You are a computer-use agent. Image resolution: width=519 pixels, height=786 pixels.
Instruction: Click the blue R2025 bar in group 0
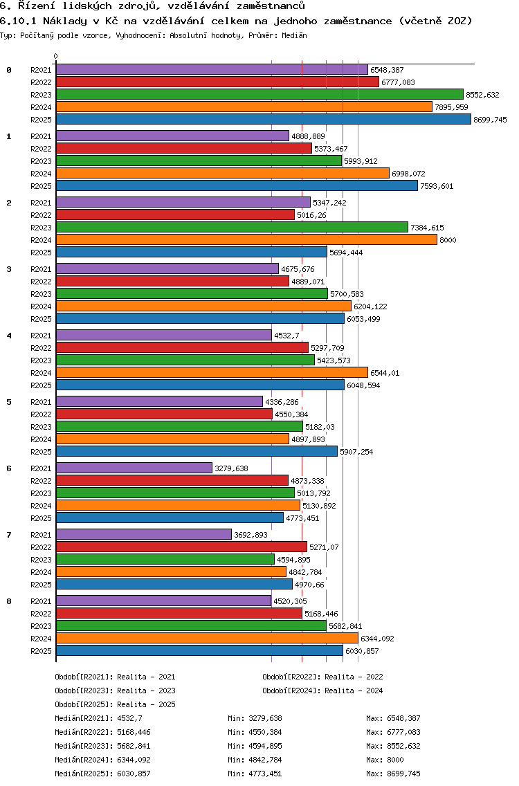(x=263, y=120)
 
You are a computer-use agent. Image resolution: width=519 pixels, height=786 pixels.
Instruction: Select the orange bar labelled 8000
(x=246, y=240)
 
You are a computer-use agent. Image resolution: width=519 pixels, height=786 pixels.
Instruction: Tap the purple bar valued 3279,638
(x=134, y=468)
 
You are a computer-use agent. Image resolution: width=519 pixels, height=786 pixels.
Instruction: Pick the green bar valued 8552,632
(x=259, y=95)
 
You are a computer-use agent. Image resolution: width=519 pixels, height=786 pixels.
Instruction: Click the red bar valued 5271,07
(x=181, y=547)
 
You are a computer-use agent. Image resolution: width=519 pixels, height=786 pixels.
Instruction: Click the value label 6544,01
(x=385, y=373)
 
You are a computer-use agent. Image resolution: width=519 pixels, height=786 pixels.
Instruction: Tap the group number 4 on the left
(x=9, y=336)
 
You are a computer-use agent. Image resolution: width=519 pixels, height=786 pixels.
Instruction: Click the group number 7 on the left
(x=9, y=535)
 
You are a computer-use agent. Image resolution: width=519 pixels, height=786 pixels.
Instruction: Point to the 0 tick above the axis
(x=56, y=56)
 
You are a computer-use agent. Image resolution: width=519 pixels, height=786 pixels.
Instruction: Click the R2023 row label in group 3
(x=42, y=294)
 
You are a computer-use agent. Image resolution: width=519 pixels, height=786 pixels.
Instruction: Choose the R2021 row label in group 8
(x=42, y=601)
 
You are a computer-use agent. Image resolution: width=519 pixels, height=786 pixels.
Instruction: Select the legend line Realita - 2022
(x=322, y=677)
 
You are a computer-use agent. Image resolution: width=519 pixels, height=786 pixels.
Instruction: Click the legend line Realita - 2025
(x=115, y=704)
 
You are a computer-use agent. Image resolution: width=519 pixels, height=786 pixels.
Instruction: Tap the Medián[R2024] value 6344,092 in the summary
(x=134, y=760)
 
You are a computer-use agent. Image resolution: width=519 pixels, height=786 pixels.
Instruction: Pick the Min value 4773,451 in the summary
(x=266, y=774)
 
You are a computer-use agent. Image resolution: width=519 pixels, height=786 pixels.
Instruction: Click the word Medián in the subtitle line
(x=294, y=35)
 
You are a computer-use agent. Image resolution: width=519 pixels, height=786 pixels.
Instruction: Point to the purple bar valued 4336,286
(x=159, y=402)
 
